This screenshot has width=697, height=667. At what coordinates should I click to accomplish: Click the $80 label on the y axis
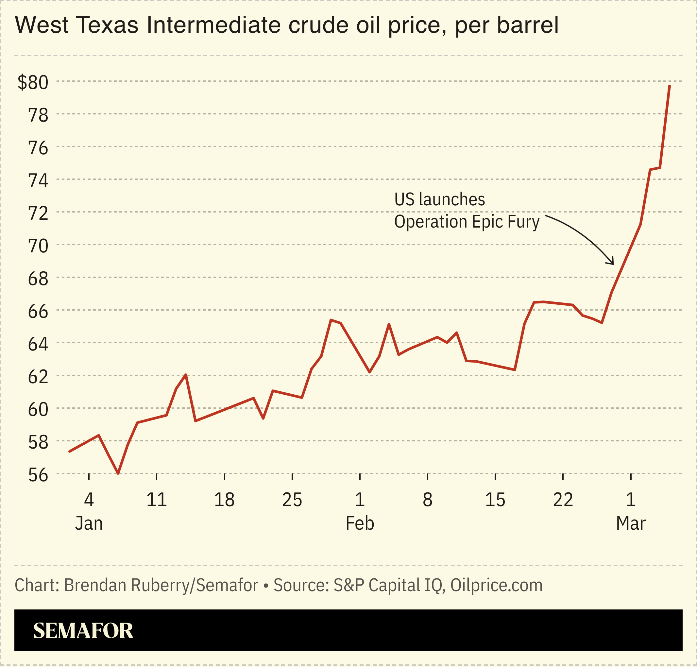(33, 82)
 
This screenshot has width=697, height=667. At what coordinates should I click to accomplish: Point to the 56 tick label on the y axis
(38, 475)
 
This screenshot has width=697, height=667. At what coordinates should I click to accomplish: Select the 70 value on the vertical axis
(38, 246)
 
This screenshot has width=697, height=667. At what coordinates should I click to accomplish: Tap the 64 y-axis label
(38, 344)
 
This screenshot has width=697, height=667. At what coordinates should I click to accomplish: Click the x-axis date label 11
(156, 500)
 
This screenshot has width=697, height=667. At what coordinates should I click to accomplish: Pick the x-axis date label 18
(224, 500)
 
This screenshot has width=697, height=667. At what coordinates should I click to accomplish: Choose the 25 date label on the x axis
(292, 500)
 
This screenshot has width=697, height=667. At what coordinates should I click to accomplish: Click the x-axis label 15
(495, 500)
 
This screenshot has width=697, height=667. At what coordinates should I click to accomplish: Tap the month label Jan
(89, 523)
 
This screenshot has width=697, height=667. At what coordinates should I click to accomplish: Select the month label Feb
(360, 523)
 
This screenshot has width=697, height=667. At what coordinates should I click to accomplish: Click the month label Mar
(631, 523)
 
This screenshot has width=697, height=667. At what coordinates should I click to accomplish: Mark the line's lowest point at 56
(118, 473)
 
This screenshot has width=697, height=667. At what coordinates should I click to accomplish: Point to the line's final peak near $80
(670, 86)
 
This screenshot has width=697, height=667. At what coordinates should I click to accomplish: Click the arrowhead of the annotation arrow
(612, 263)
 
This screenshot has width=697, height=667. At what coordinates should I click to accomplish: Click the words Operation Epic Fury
(467, 222)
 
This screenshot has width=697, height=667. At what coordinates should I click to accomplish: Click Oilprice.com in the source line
(497, 586)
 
